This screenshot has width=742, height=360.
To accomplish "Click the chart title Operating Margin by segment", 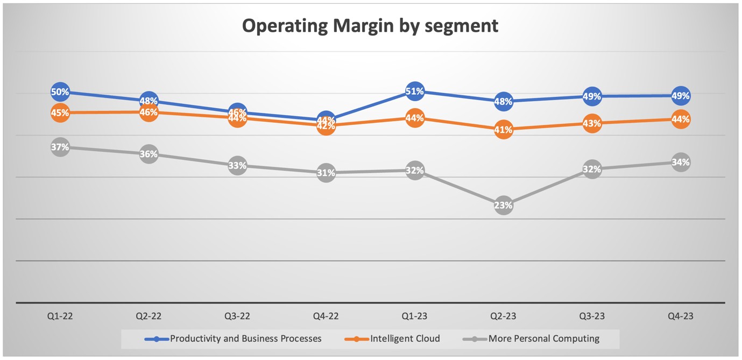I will pos(370,26).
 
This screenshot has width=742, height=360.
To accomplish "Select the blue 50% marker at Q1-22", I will pos(60,92).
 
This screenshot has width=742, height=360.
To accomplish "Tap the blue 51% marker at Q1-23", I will pos(414,91).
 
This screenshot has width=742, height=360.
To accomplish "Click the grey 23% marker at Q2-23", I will pos(503,205).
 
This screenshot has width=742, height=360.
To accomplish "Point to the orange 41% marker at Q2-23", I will pos(503,129).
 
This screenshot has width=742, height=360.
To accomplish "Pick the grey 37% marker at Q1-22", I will pos(60,147).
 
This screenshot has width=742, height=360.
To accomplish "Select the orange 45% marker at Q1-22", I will pos(60,113).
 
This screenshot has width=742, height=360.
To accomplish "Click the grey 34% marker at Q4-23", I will pos(681,162).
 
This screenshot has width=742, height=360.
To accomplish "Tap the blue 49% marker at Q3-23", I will pos(592,96).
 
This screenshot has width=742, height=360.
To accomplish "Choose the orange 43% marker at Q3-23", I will pos(592,123).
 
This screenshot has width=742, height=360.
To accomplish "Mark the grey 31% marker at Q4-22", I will pos(326,173).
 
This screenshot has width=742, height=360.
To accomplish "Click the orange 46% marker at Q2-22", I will pos(149,112).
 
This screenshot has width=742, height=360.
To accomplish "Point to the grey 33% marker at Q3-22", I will pos(237,166).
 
